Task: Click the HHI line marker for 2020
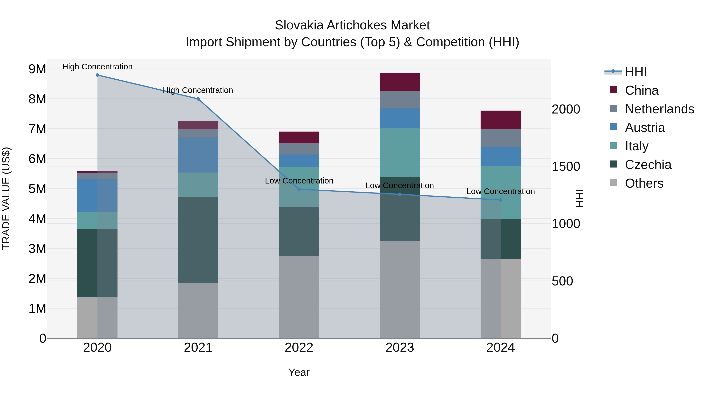click(98, 75)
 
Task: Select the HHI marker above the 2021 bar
click(198, 99)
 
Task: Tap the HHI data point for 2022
click(299, 189)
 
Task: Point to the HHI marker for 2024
click(501, 200)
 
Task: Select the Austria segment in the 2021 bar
click(198, 155)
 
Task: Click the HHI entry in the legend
click(635, 72)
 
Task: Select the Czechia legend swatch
click(613, 164)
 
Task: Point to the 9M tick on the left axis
click(37, 69)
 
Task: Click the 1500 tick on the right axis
click(566, 167)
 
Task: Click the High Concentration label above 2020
click(98, 67)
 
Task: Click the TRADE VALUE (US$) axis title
click(6, 198)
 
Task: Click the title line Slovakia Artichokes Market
click(352, 25)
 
